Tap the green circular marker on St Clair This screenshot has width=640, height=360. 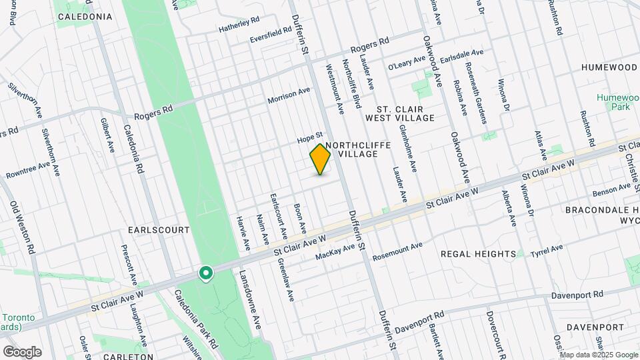click(x=206, y=273)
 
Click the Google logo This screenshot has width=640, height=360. click(x=22, y=351)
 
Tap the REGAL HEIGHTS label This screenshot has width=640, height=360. click(x=478, y=254)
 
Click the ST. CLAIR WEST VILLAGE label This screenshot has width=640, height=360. click(x=405, y=113)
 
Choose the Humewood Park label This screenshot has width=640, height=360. click(x=614, y=101)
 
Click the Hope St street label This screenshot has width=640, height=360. click(x=310, y=139)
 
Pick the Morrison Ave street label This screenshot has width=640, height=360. click(x=289, y=95)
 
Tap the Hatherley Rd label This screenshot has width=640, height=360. click(x=239, y=26)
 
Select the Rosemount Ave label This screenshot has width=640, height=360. click(x=398, y=251)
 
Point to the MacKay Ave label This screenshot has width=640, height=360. click(x=335, y=253)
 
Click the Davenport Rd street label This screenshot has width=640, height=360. click(x=577, y=294)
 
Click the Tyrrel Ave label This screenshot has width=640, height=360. click(x=547, y=251)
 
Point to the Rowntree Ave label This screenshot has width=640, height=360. click(x=27, y=169)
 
